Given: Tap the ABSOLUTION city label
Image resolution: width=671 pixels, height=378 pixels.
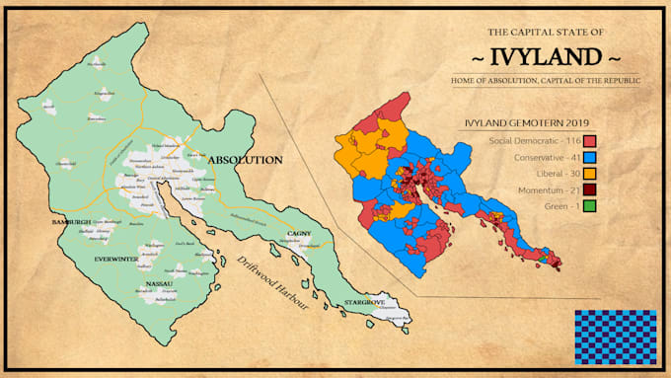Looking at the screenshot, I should [x=245, y=159].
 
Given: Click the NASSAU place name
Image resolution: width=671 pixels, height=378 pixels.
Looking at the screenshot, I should [x=160, y=283].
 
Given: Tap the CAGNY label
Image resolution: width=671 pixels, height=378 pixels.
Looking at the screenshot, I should [x=299, y=233].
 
